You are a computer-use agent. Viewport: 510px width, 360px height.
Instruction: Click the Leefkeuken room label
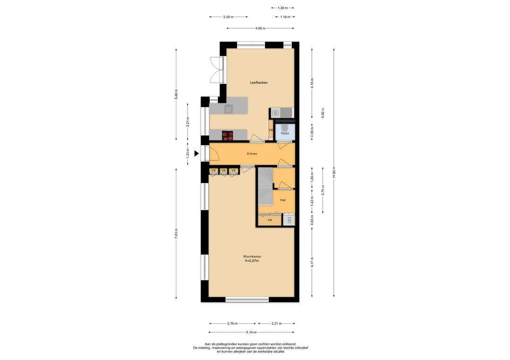[259, 83]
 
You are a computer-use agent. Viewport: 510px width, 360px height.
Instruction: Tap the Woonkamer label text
[252, 256]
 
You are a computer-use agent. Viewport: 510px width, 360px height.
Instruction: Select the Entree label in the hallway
[252, 154]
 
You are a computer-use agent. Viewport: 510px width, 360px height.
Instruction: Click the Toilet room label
[285, 133]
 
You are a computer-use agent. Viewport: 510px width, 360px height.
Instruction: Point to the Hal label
[283, 200]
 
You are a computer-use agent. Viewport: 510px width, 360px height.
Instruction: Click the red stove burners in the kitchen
[228, 135]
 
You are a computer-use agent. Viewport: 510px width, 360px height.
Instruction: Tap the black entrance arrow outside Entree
[196, 153]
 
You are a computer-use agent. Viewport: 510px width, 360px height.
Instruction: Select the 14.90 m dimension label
[334, 173]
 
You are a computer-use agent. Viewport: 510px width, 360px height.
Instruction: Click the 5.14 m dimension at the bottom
[251, 332]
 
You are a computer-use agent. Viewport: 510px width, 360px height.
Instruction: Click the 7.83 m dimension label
[176, 234]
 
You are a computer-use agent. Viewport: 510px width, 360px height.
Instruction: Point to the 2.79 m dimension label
[232, 324]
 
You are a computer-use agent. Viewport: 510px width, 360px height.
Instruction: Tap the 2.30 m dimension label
[229, 17]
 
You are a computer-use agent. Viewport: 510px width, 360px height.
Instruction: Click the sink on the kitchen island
[229, 109]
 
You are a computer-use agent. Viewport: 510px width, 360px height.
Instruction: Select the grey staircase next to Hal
[265, 186]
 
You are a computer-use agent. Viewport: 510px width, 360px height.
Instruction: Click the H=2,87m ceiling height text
[252, 260]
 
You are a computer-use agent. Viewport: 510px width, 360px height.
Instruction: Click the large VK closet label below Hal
[270, 220]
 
